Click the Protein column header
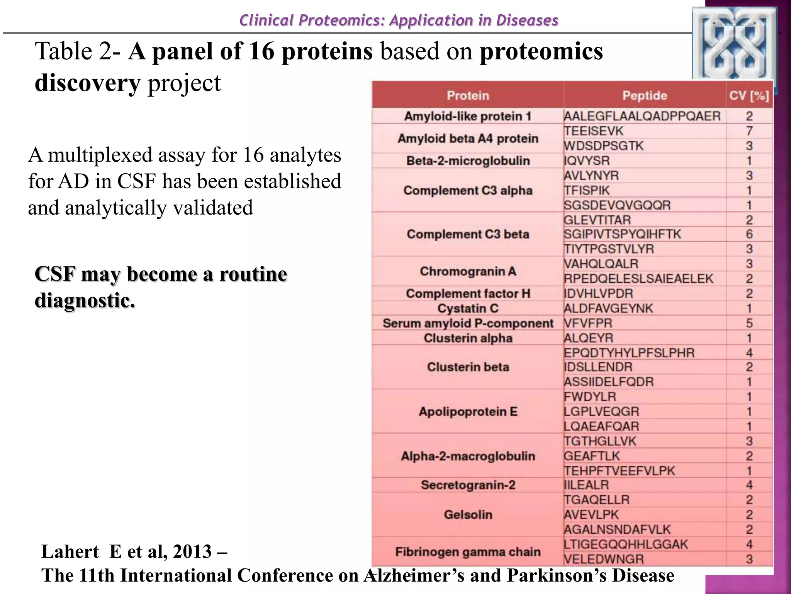pos(468,96)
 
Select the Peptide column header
pos(644,96)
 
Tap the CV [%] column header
pos(749,96)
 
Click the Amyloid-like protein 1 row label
pos(468,116)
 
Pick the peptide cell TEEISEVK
pos(593,131)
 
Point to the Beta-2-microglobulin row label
pos(468,160)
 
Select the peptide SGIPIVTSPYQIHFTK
pos(622,234)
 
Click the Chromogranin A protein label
pos(468,271)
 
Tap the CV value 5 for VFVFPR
pos(749,323)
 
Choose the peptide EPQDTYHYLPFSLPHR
pos(629,353)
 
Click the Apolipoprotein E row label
pos(468,411)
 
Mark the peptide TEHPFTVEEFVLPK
pos(619,471)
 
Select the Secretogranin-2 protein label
pos(468,485)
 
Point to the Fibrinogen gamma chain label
pos(468,552)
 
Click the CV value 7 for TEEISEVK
pos(749,131)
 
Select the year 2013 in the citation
pos(192,551)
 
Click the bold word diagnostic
pos(85,300)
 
